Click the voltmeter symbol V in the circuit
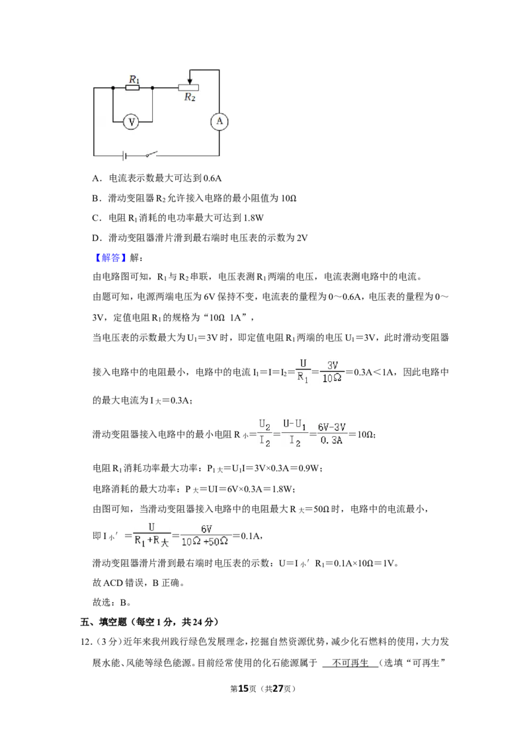[132, 122]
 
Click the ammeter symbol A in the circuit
[219, 121]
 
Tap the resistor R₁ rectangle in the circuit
[133, 88]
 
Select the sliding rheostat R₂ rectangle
[188, 87]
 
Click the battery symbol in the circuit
[124, 155]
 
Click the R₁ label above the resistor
[135, 79]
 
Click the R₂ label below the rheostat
[190, 97]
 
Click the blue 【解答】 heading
[110, 258]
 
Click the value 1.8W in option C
[253, 218]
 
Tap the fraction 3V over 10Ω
[333, 371]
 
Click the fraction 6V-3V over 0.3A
[332, 433]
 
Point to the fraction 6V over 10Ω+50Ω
[205, 535]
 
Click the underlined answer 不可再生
[350, 663]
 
